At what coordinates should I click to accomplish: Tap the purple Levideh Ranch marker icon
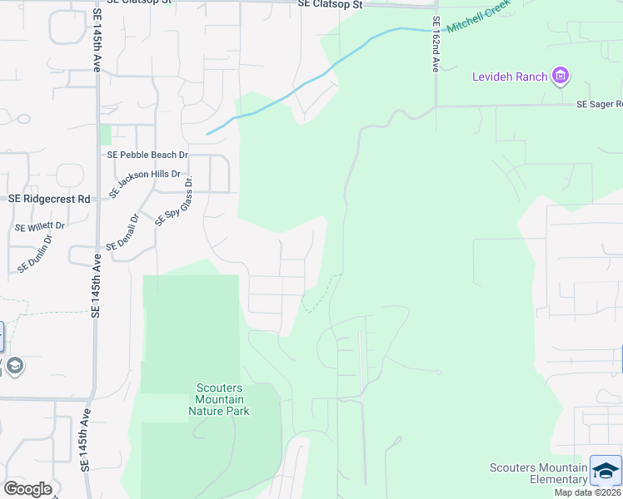tap(561, 77)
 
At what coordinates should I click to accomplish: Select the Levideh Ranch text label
tap(511, 77)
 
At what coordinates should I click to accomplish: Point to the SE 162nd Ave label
tap(435, 45)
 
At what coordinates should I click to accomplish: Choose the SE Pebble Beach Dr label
tap(147, 155)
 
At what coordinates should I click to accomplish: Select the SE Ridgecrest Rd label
tap(49, 200)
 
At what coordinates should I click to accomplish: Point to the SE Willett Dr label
tap(39, 225)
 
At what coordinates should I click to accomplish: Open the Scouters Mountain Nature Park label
tap(219, 399)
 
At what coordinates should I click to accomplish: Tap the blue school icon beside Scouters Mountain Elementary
tap(606, 471)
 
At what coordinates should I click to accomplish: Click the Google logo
tap(27, 489)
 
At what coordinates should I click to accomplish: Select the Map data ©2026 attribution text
tap(587, 492)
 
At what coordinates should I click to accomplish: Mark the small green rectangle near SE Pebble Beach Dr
tap(105, 135)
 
